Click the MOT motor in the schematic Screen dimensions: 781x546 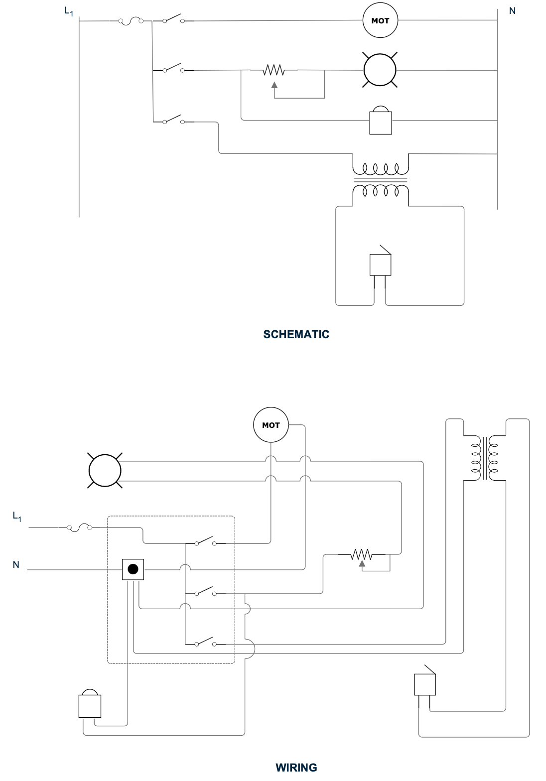pyautogui.click(x=380, y=21)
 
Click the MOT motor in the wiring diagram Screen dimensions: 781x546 pyautogui.click(x=271, y=425)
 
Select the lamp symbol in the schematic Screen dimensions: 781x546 pyautogui.click(x=380, y=70)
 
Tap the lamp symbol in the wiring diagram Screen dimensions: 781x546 pyautogui.click(x=105, y=470)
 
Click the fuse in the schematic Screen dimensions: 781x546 pyautogui.click(x=131, y=21)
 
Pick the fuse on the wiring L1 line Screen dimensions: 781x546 pyautogui.click(x=79, y=527)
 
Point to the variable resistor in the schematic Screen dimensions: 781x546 pyautogui.click(x=274, y=71)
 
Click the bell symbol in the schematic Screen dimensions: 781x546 pyautogui.click(x=381, y=121)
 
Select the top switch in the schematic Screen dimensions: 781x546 pyautogui.click(x=173, y=20)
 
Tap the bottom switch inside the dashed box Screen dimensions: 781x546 pyautogui.click(x=205, y=643)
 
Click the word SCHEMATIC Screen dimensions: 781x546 pyautogui.click(x=296, y=334)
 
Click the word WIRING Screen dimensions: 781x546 pyautogui.click(x=296, y=767)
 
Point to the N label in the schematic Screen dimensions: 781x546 pyautogui.click(x=512, y=10)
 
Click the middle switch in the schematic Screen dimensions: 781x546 pyautogui.click(x=173, y=69)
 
